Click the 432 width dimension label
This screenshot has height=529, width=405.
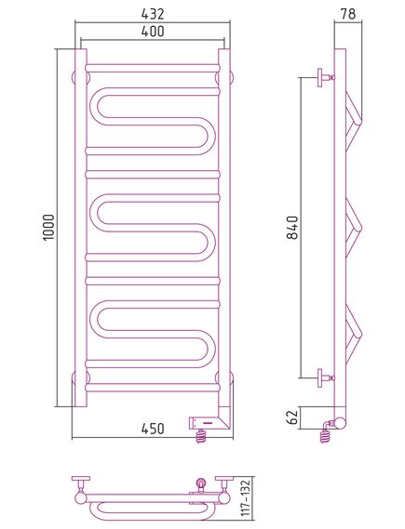pyautogui.click(x=153, y=14)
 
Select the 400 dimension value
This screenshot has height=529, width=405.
pyautogui.click(x=153, y=32)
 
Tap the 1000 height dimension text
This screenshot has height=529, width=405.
pyautogui.click(x=49, y=227)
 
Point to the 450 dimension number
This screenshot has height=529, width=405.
pyautogui.click(x=153, y=429)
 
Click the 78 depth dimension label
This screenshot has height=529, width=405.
pyautogui.click(x=348, y=14)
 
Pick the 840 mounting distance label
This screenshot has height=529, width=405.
pyautogui.click(x=292, y=228)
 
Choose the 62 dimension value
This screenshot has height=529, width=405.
pyautogui.click(x=292, y=417)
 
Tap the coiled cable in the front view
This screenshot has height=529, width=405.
pyautogui.click(x=201, y=436)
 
